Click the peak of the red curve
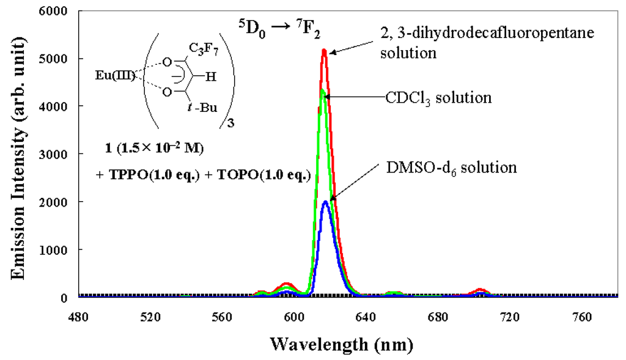[324, 51]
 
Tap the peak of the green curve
[322, 91]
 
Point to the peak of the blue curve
[326, 202]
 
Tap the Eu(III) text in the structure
[111, 76]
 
